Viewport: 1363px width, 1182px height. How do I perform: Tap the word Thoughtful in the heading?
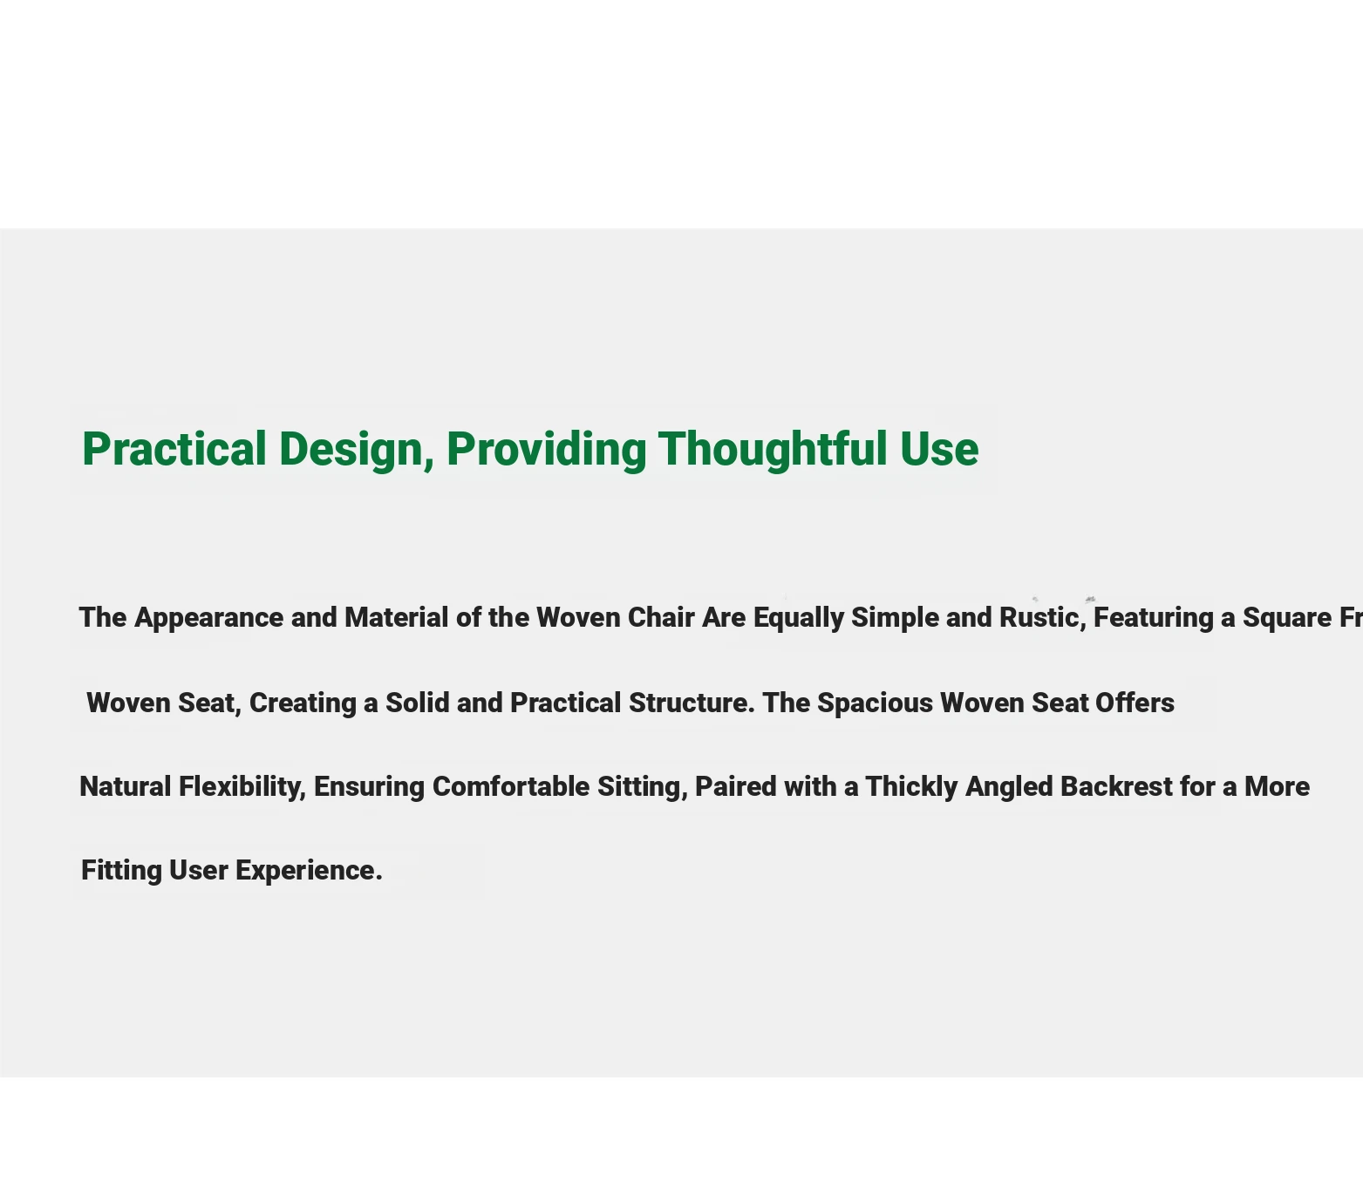coord(773,450)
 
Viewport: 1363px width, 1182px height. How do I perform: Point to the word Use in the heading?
coord(939,450)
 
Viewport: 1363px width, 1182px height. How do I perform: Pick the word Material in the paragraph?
coord(397,617)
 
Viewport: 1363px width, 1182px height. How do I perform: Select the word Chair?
coord(661,617)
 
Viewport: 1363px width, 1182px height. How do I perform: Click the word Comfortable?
coord(511,786)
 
